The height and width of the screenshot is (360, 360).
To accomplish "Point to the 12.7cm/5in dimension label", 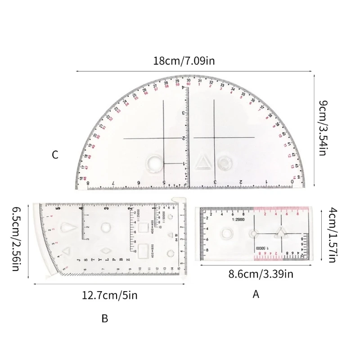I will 109,295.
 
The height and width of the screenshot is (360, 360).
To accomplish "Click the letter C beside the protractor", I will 54,155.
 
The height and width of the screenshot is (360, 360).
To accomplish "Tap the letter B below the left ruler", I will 104,319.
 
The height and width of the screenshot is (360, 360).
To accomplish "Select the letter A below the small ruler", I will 256,295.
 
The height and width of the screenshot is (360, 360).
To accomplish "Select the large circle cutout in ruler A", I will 226,234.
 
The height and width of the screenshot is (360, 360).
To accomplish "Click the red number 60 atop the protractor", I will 189,84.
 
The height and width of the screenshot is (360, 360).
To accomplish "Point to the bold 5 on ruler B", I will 57,208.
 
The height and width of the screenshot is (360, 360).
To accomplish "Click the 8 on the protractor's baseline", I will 88,183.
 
